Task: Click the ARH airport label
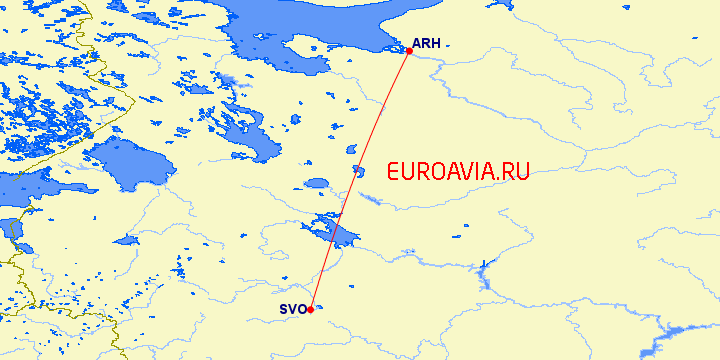(427, 44)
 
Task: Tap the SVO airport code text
(292, 309)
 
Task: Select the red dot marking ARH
(409, 50)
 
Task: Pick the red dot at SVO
(311, 309)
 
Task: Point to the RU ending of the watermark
(515, 171)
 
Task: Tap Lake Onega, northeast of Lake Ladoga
(245, 130)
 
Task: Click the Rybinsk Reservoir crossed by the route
(330, 232)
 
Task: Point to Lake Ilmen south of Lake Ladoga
(126, 241)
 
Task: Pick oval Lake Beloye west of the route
(316, 184)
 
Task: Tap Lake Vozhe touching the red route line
(358, 171)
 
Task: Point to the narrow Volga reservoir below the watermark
(484, 267)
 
